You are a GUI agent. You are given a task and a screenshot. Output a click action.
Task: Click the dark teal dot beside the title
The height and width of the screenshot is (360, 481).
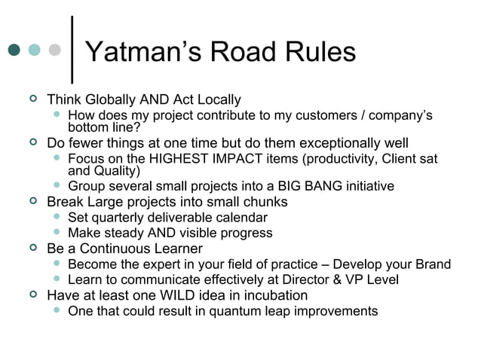click(14, 50)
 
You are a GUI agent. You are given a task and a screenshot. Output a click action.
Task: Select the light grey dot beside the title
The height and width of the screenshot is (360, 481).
click(54, 50)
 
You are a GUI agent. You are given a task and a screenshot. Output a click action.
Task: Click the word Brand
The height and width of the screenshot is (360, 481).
click(432, 264)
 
